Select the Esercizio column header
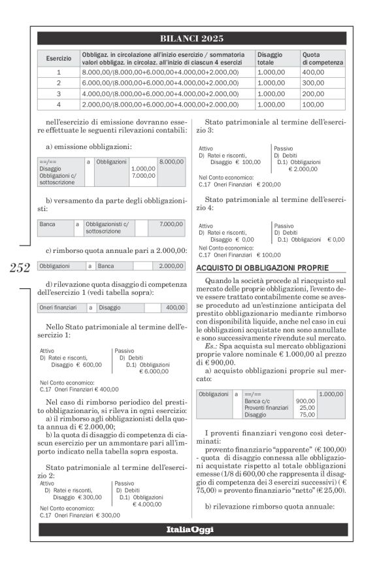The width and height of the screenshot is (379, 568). [x=58, y=58]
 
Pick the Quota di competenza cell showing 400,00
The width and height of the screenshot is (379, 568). [x=313, y=72]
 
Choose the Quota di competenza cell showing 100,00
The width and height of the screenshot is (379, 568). [x=313, y=104]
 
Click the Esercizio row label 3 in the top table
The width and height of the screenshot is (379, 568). [x=58, y=93]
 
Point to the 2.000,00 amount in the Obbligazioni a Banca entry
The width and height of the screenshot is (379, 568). [x=172, y=266]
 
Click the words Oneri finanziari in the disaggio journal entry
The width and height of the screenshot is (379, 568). [x=59, y=307]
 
